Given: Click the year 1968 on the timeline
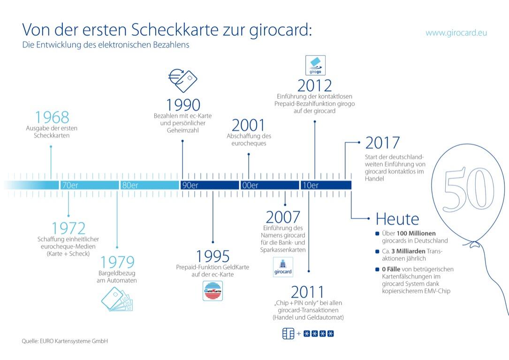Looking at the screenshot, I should [52, 117].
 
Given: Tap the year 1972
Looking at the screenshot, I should [68, 229].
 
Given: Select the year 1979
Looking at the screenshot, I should [117, 262].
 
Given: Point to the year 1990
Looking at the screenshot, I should [183, 105].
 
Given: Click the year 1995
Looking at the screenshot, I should [213, 256].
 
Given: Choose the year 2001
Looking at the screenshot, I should [248, 125].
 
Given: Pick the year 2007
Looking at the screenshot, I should [283, 217].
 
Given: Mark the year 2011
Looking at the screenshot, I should [308, 291].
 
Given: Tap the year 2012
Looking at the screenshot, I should [315, 85].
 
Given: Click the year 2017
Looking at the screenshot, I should [382, 143].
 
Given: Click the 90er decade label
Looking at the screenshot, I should [190, 185].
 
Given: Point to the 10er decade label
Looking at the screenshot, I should [310, 185].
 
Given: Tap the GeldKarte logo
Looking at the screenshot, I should [213, 291].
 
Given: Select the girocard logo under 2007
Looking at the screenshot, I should [283, 267].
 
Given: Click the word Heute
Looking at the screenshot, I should [397, 219].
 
